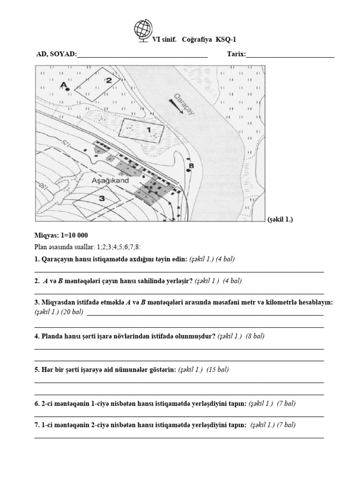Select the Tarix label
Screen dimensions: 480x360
(236, 54)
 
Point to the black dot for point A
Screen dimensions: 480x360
(68, 89)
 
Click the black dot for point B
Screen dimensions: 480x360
(188, 171)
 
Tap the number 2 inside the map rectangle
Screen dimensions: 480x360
(108, 80)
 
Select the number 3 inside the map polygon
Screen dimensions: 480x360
(101, 198)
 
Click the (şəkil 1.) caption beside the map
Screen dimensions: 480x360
(279, 219)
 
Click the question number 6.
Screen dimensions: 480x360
(37, 403)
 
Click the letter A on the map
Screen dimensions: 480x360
(62, 84)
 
